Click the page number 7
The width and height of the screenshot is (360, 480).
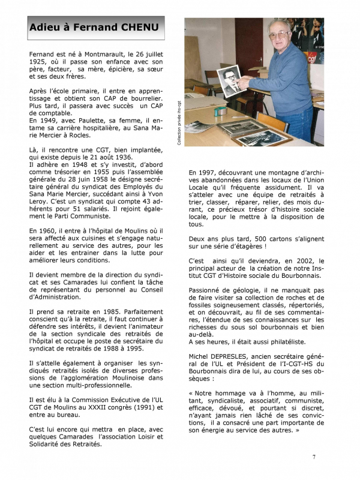pyautogui.click(x=314, y=458)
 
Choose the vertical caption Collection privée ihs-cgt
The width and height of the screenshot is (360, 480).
pyautogui.click(x=178, y=123)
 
